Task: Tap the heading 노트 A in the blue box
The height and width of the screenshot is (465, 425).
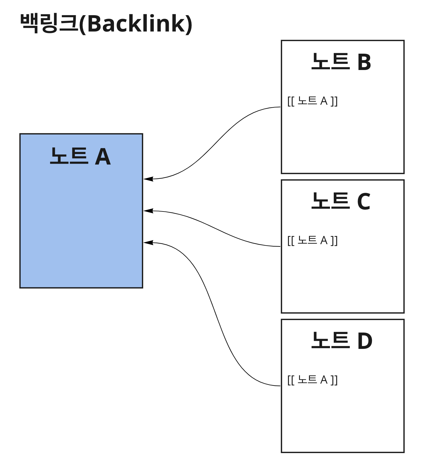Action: point(80,157)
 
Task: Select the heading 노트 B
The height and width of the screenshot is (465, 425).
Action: point(341,62)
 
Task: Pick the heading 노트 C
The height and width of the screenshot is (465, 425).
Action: point(341,201)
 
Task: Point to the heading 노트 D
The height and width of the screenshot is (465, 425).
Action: point(342,341)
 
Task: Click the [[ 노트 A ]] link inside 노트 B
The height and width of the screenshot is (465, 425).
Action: point(312,101)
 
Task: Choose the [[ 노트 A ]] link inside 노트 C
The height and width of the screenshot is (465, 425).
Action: point(312,241)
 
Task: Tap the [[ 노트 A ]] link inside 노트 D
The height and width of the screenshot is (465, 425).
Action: point(312,380)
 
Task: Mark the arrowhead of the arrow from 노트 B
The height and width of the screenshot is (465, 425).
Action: point(148,179)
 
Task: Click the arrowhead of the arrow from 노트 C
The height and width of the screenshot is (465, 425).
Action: point(148,211)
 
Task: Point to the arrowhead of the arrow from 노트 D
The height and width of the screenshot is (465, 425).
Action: point(148,242)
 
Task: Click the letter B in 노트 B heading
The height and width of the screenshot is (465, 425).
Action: point(364,62)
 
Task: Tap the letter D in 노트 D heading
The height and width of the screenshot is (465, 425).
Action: point(365,341)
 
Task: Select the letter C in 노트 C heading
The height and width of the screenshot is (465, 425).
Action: point(364,202)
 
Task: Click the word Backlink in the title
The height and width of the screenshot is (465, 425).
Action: point(139,24)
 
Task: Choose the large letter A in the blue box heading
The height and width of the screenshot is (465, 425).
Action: point(103,157)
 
